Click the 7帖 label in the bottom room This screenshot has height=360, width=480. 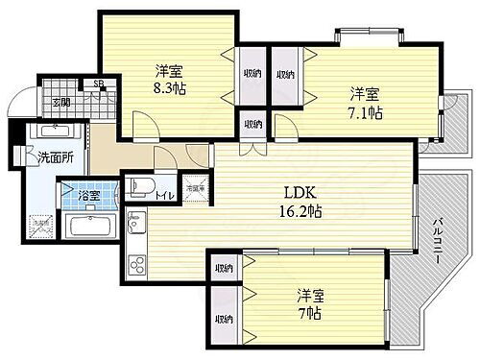pos(308,314)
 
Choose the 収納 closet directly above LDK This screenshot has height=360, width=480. pos(252,123)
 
